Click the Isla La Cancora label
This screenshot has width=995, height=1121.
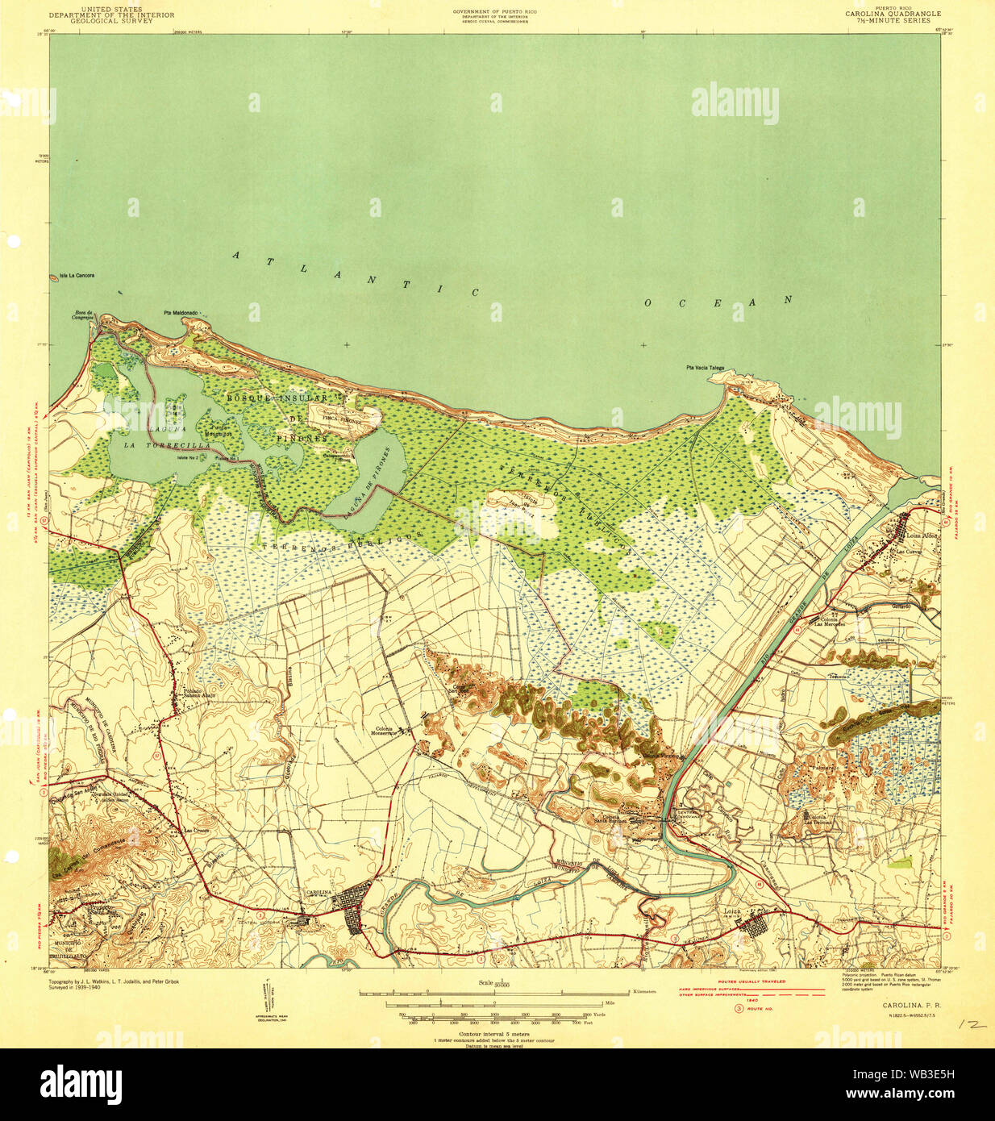[77, 276]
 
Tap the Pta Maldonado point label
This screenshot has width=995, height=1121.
[181, 313]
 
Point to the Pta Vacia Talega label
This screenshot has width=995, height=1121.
[705, 368]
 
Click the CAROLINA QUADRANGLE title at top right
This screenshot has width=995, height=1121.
[893, 14]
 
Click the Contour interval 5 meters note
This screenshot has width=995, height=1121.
[494, 1033]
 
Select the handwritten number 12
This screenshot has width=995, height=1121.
[972, 1023]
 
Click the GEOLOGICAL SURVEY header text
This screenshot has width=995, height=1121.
[111, 21]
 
